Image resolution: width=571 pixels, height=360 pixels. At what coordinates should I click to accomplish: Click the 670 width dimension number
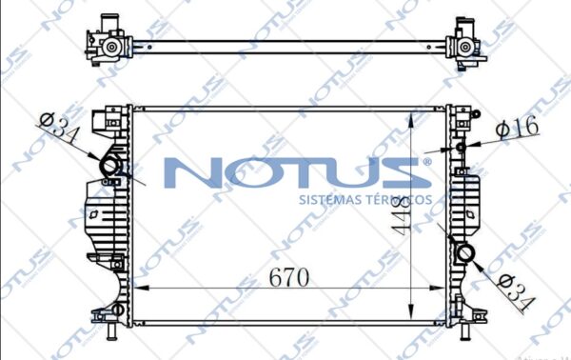288,278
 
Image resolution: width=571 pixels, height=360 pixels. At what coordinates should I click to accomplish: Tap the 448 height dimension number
401,217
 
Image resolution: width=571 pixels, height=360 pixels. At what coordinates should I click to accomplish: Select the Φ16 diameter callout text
518,128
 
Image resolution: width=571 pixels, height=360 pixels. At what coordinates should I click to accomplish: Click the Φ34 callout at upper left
58,128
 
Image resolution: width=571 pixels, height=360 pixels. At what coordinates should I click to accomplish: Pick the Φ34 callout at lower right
516,292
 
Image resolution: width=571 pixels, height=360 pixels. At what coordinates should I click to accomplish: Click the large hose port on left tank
108,166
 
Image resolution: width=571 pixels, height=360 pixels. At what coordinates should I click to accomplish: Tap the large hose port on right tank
465,253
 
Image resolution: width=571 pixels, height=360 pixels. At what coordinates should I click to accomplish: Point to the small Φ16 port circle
461,148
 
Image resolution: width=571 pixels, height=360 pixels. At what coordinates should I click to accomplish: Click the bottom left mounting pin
111,330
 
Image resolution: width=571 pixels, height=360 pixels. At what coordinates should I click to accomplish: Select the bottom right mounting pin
464,330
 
